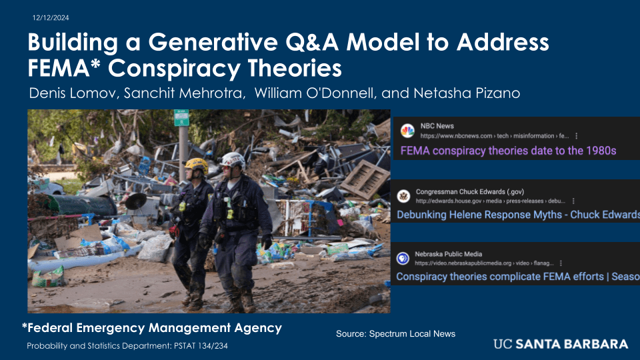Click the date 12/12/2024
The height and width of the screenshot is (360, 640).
[51, 18]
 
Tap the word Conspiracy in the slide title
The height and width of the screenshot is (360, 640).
[174, 68]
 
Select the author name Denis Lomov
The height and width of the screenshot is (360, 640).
[72, 93]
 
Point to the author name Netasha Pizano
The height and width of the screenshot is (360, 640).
[467, 93]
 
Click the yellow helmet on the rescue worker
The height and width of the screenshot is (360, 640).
[196, 165]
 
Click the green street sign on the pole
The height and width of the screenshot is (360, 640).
[181, 118]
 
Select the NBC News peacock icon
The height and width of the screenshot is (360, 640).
[407, 131]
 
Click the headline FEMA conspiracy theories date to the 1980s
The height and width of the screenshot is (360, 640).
[508, 151]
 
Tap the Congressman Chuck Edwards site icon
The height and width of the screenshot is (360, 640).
[404, 196]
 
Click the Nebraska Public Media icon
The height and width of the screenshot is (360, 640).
[403, 259]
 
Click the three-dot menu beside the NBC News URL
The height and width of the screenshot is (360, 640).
[576, 136]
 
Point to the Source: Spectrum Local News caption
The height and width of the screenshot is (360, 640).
[395, 334]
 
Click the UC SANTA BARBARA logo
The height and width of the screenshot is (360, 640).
[561, 344]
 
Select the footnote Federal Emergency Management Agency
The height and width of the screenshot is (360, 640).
[152, 328]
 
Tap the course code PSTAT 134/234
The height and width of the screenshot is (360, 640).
[201, 346]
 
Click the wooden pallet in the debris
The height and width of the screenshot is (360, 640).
[365, 179]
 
